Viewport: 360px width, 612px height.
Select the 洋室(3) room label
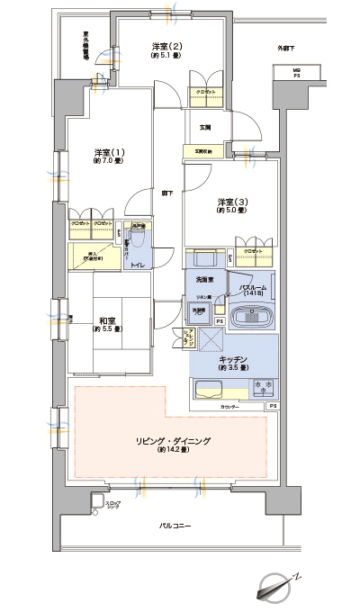[224, 202]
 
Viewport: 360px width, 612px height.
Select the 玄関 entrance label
[206, 127]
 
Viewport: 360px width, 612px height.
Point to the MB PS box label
[295, 73]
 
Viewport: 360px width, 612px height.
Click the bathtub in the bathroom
[254, 319]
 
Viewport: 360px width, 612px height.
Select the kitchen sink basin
[210, 390]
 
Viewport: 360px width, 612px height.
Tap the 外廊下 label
[285, 48]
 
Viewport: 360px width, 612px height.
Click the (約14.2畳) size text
[172, 449]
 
